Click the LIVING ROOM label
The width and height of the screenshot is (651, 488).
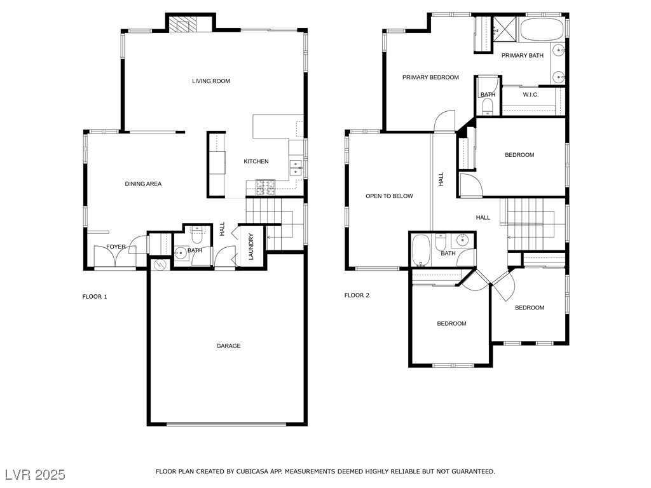(x=211, y=81)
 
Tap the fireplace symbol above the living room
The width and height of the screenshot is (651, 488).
(x=184, y=26)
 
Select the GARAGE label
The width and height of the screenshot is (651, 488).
(x=228, y=346)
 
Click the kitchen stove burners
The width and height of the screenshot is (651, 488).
(x=264, y=186)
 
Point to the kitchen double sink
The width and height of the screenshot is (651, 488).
(x=295, y=167)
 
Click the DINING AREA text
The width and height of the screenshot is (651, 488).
(x=143, y=184)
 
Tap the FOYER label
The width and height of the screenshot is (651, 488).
(x=116, y=247)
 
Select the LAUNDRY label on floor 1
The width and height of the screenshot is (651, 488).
(x=251, y=246)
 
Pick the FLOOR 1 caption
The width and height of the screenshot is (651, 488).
(x=95, y=296)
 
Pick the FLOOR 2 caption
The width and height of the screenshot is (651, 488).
(x=357, y=295)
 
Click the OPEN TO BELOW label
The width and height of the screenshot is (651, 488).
(x=389, y=196)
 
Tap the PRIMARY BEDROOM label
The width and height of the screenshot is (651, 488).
(x=430, y=78)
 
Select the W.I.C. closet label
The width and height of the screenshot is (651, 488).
(x=531, y=95)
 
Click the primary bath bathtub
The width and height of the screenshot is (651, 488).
(x=542, y=29)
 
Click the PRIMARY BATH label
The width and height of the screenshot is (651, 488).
(x=522, y=56)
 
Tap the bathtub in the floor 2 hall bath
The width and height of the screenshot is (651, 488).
(x=421, y=250)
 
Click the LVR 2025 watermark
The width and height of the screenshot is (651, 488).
(x=35, y=475)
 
